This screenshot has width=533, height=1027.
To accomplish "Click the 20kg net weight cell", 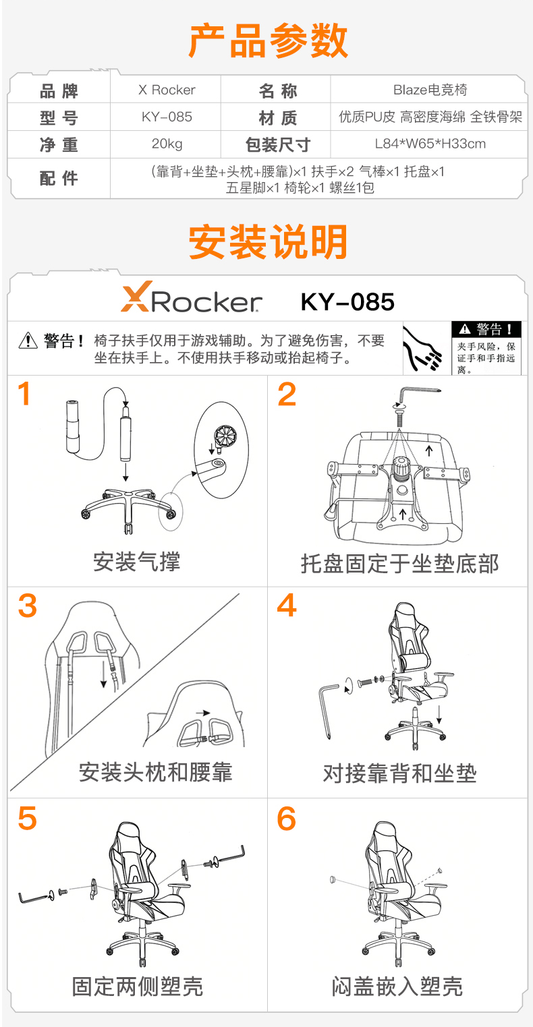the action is tap(167, 144).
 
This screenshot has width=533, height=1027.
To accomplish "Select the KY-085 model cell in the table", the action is tap(167, 117).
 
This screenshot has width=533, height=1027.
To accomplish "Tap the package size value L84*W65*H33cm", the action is tap(430, 144).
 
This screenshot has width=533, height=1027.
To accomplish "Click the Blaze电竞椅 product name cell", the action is tap(430, 90).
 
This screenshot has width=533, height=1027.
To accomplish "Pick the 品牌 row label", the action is tap(59, 91).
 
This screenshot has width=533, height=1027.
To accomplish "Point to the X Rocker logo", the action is tap(192, 297).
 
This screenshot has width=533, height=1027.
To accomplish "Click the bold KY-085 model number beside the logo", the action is tap(347, 302).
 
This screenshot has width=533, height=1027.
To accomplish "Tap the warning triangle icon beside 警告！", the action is tap(28, 340).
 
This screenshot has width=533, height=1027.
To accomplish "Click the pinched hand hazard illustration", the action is tap(422, 349).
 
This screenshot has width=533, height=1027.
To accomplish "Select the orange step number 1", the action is tap(24, 394).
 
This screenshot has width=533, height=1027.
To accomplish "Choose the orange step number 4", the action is tap(287, 605).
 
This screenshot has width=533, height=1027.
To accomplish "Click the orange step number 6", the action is tap(287, 819).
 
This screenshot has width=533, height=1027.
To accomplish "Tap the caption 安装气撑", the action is tap(137, 561).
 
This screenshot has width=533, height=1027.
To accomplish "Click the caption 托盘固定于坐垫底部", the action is tap(399, 564).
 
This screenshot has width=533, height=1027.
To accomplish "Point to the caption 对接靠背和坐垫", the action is tap(399, 773).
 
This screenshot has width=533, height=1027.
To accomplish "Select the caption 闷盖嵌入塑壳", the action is tap(397, 986).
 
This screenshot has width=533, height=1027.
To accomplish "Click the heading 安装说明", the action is tap(268, 241).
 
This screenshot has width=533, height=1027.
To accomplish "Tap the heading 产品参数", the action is tap(268, 41).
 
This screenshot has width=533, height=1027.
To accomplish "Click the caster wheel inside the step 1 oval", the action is tap(224, 437).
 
